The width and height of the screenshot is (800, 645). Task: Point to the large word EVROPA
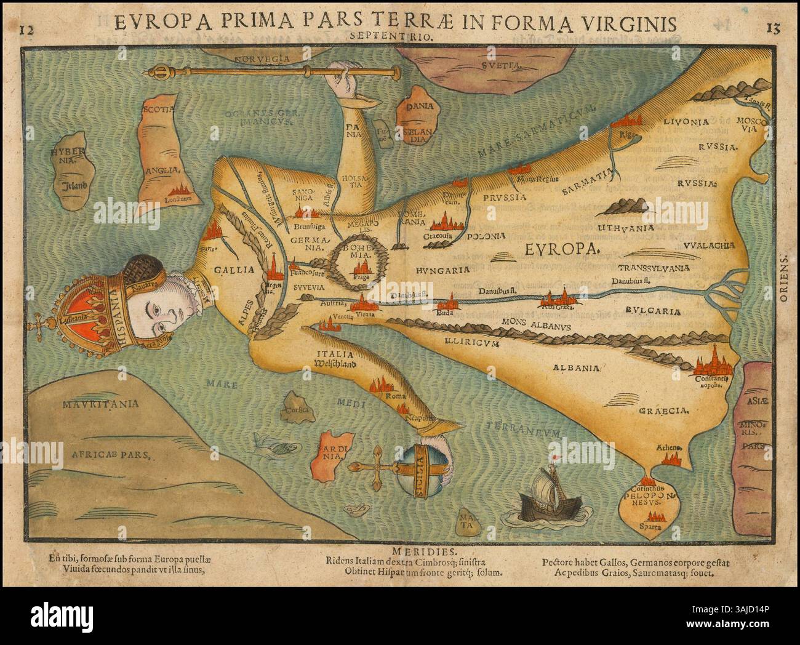pos(562,248)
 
